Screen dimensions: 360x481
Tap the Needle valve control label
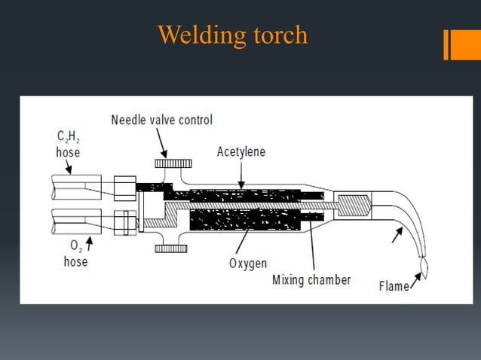point(161,120)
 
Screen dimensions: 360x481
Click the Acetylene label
point(241,151)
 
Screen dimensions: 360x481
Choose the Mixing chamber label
point(311,280)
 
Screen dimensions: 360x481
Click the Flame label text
point(394,286)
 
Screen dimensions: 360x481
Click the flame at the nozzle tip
point(423,267)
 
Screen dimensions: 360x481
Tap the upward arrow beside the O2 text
point(90,243)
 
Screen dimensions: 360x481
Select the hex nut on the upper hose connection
point(124,187)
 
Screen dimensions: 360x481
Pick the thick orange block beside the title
point(460,44)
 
